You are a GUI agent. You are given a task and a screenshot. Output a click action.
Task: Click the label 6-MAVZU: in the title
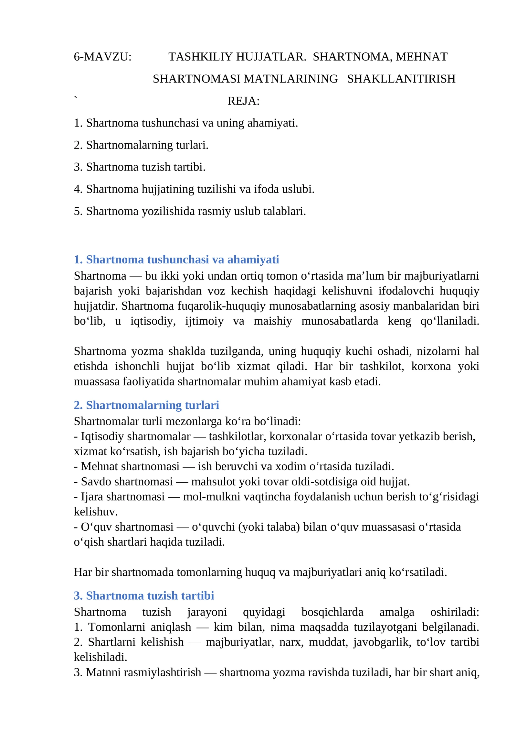(103, 57)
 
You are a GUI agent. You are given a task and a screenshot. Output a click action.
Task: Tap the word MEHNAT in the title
(421, 57)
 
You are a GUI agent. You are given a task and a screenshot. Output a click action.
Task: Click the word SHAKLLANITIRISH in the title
(401, 79)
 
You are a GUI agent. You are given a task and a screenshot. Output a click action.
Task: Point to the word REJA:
(243, 101)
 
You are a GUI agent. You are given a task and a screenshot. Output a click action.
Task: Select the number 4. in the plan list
(78, 189)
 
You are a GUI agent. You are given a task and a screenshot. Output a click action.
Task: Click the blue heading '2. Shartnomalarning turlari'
(146, 405)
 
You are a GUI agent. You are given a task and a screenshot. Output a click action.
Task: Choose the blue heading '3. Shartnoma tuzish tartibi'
(144, 596)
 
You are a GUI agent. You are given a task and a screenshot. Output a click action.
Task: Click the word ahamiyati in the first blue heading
(253, 260)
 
